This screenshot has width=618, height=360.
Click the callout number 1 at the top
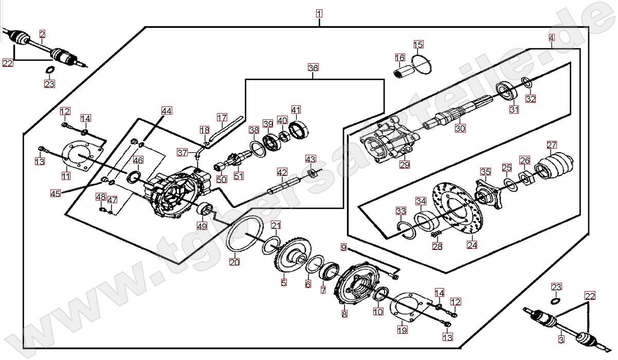point(319,13)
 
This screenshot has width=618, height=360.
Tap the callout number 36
point(313,68)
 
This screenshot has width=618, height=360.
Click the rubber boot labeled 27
point(554,167)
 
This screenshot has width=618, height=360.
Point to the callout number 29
point(405,165)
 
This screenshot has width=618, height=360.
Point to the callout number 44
point(167,111)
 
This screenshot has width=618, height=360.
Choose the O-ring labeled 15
point(421,65)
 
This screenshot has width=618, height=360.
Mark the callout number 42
point(282,171)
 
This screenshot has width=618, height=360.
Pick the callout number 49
point(202,225)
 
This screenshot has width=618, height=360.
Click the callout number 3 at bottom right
point(561,339)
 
